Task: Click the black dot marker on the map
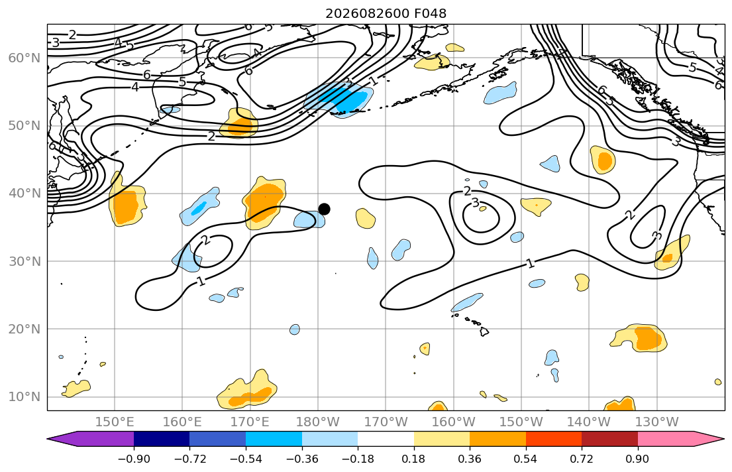(x=324, y=209)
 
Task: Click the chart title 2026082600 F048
(x=386, y=13)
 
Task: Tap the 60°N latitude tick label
(x=25, y=58)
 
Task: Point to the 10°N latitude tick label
(x=25, y=397)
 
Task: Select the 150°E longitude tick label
(x=115, y=422)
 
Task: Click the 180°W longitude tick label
(x=318, y=422)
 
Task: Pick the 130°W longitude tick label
(x=657, y=422)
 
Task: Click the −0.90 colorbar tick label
(x=134, y=459)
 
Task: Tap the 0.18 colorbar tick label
(x=413, y=459)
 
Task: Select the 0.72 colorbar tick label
(x=582, y=459)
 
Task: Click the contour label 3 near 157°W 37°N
(x=475, y=203)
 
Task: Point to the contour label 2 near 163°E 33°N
(x=205, y=240)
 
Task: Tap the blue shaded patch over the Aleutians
(x=340, y=99)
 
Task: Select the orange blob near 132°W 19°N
(x=639, y=338)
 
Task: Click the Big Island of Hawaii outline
(x=484, y=331)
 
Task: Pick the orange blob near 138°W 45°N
(x=603, y=160)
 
